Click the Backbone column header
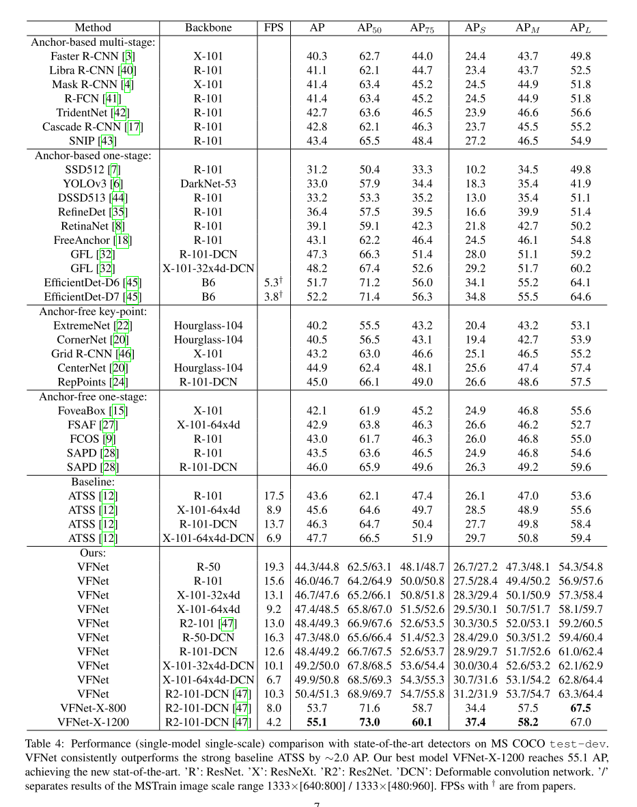208,28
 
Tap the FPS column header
273,28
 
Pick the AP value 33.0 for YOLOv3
317,183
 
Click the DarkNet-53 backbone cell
208,183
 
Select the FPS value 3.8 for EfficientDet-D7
273,297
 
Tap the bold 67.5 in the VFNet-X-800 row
580,707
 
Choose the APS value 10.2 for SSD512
475,169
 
